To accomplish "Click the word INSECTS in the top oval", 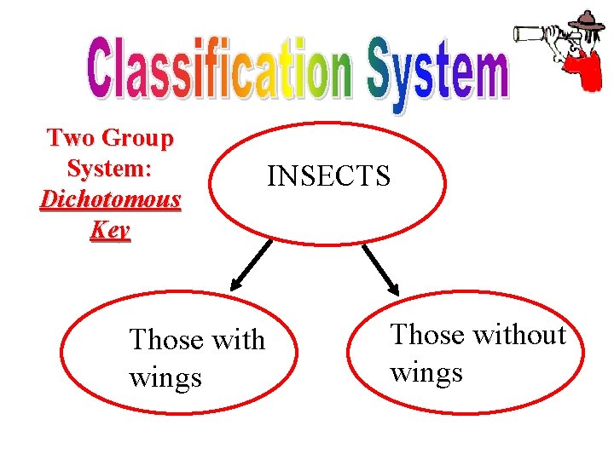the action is click(x=328, y=176).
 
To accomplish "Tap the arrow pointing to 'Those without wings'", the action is click(x=380, y=270).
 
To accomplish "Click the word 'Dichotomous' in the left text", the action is click(x=111, y=199).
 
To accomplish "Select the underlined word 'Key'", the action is click(x=111, y=230).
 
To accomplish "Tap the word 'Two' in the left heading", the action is click(x=71, y=137).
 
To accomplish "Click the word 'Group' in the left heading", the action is click(x=137, y=137).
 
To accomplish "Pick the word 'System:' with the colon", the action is click(x=110, y=168).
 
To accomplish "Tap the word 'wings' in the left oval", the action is click(x=165, y=377).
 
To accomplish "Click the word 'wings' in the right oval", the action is click(x=426, y=372).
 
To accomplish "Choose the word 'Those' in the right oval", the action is click(x=426, y=335).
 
